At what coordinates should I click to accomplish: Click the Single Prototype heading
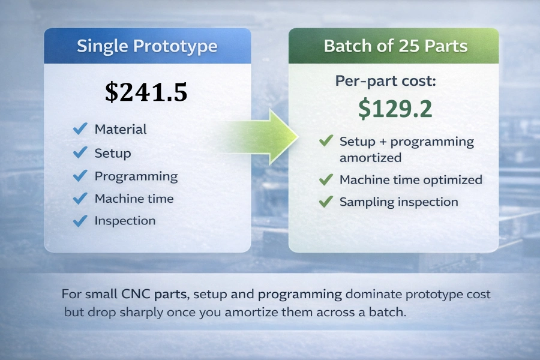147,47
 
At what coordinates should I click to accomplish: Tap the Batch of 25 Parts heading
395,47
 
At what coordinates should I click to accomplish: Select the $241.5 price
146,91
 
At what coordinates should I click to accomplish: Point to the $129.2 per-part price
395,108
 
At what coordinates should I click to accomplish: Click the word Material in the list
120,129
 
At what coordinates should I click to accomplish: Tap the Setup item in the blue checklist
112,153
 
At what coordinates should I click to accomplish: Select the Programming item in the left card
136,176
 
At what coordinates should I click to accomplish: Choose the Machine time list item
134,199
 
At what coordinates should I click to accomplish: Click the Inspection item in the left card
125,221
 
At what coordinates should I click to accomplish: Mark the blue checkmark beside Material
80,129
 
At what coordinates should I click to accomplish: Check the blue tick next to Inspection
80,221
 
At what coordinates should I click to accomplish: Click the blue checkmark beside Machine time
80,199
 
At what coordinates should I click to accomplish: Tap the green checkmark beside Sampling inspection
326,202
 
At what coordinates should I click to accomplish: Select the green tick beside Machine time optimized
326,179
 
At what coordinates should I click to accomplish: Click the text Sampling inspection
398,202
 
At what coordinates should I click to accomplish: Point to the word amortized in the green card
370,158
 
